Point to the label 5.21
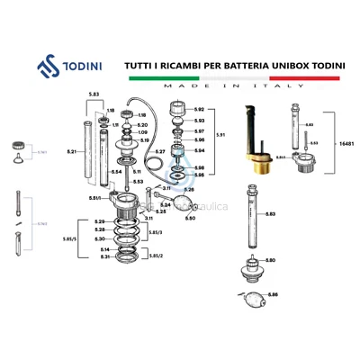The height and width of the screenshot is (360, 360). click(70, 153)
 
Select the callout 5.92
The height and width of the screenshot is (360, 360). click(200, 110)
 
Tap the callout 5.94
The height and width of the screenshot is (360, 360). click(200, 150)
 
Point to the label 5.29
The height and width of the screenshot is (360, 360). click(100, 221)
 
